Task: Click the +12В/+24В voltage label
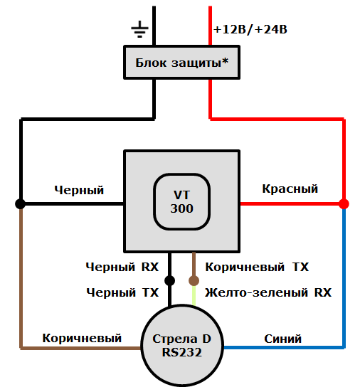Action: (250, 30)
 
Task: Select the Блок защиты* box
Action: (181, 63)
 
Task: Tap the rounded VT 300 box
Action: (181, 202)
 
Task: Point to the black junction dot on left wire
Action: (21, 203)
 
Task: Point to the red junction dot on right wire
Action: (344, 203)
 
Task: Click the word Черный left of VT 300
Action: (79, 190)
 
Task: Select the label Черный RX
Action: (122, 267)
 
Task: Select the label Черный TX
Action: (122, 292)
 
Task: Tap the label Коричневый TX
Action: (257, 267)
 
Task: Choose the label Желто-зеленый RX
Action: (268, 292)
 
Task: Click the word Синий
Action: (284, 339)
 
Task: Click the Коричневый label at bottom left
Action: (82, 338)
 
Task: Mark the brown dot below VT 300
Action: (194, 280)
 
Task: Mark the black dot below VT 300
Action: (169, 280)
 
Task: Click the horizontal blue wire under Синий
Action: (285, 348)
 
